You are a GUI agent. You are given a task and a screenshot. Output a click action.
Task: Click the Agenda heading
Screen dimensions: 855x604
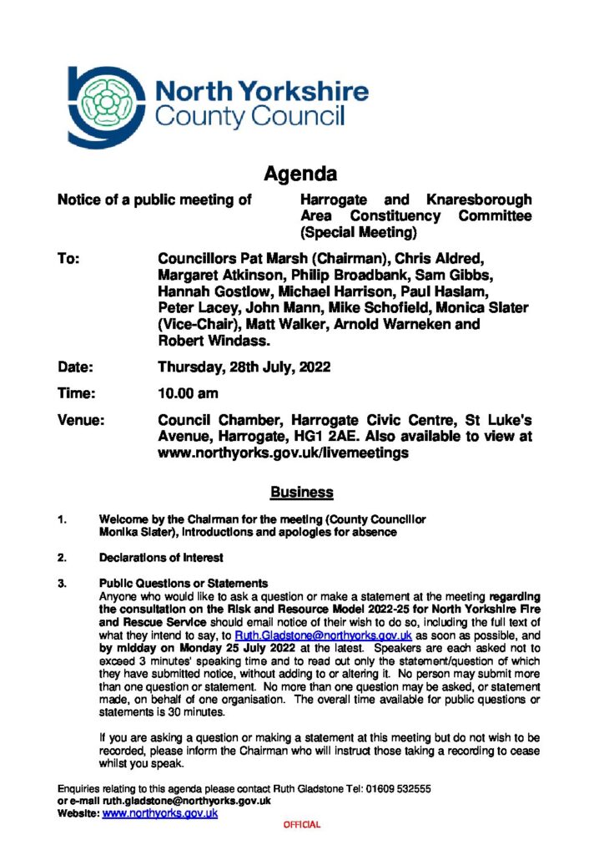coord(300,175)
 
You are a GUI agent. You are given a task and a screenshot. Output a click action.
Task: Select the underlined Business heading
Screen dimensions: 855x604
coord(301,493)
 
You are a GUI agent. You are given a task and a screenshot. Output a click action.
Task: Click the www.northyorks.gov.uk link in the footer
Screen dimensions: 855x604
coord(159,812)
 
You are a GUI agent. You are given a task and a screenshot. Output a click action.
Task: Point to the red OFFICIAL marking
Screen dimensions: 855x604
coord(301,825)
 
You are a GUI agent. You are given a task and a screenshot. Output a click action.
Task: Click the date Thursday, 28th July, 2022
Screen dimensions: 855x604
coord(244,367)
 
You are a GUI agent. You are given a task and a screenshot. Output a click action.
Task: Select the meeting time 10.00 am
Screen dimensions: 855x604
coord(189,395)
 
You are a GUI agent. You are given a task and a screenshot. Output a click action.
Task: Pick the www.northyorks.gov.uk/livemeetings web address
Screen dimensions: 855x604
coord(283,453)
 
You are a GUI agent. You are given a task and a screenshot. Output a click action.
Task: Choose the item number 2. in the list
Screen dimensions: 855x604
coord(62,558)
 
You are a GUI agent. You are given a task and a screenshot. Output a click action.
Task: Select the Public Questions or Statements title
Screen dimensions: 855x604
coord(184,583)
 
